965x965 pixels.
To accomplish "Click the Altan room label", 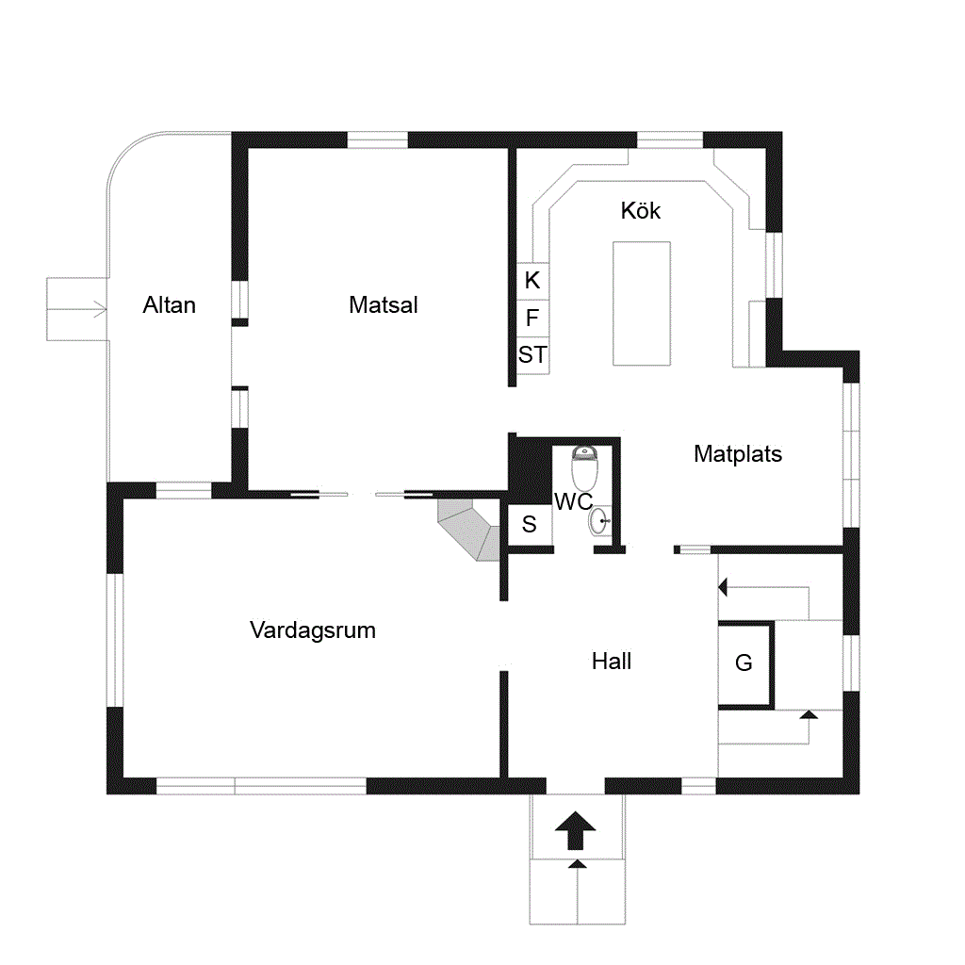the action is point(170,305).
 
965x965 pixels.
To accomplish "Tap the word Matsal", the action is point(383,305).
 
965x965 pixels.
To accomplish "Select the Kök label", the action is point(641,210).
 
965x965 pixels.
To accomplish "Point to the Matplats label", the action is point(738,454).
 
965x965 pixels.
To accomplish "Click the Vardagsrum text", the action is point(313,630).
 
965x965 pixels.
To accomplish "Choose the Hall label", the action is point(612,662).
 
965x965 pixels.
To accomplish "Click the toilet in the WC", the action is point(584,468).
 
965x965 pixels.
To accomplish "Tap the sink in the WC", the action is point(599,521).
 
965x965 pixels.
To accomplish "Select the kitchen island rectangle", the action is point(642,304).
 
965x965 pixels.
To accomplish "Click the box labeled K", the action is point(533,281).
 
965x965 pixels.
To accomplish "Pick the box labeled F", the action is point(533,319).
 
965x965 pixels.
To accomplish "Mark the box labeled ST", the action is point(533,355).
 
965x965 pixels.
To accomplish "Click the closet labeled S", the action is point(530,525).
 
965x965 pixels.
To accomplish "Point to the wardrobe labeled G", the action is point(745,664).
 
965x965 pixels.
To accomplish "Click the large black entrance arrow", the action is point(576,831).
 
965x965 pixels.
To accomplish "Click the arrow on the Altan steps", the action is point(77,309).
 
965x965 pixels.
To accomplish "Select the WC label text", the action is point(574,502).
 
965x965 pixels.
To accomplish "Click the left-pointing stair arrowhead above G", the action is point(723,587).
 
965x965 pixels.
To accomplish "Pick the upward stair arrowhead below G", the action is point(809,714).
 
